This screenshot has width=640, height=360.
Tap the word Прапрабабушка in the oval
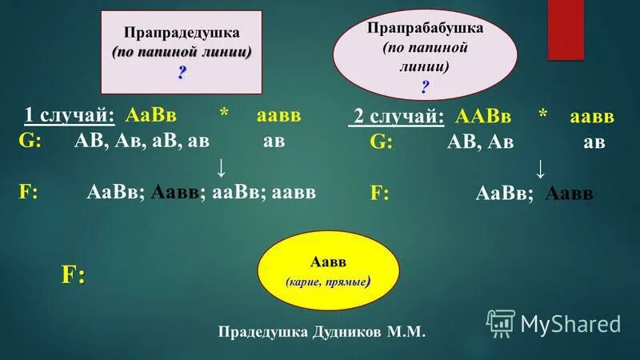[425, 28]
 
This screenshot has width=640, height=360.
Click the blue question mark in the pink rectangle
[182, 72]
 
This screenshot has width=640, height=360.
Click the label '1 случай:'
[70, 115]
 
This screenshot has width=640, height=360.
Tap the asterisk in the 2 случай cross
[543, 117]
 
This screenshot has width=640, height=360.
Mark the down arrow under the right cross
[541, 168]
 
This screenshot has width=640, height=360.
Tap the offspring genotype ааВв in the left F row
[237, 192]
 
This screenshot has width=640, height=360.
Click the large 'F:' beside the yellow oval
[74, 274]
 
